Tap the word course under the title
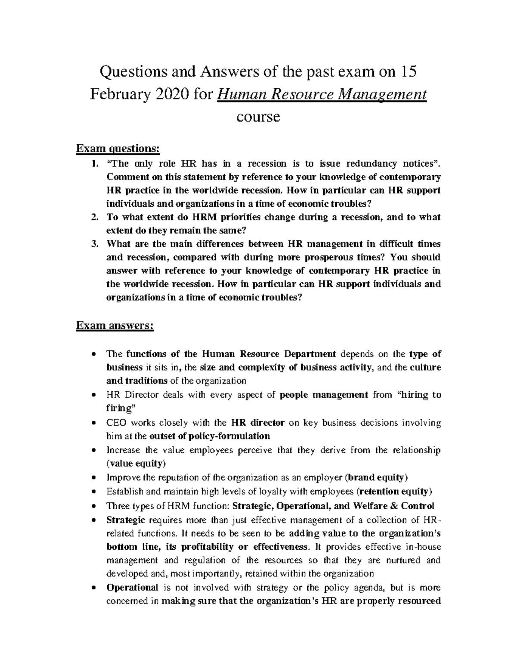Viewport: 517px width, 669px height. [258, 116]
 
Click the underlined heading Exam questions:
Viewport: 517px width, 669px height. [118, 149]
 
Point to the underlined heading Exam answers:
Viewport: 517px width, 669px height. [115, 326]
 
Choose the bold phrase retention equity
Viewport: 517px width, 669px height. [393, 492]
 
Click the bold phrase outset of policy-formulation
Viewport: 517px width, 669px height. [209, 436]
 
